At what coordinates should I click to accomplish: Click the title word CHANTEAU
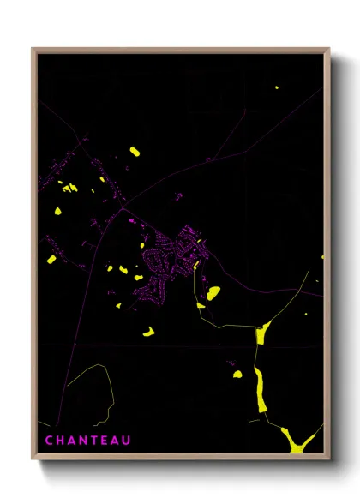click(88, 441)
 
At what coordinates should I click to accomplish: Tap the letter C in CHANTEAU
click(49, 441)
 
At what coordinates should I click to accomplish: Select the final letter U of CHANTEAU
click(128, 441)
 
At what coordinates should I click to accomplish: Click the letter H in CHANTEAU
click(61, 441)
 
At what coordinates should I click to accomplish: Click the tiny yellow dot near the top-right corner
click(277, 87)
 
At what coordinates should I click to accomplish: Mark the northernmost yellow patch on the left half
click(135, 152)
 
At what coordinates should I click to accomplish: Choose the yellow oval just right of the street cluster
click(213, 293)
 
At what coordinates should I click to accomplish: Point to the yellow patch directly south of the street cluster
click(148, 331)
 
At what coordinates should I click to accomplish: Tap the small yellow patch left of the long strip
click(237, 374)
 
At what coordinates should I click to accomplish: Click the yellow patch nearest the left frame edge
click(51, 258)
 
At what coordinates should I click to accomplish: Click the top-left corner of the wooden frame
click(33, 49)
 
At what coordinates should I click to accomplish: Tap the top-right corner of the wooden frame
click(329, 49)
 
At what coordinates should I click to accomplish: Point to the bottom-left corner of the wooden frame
click(33, 460)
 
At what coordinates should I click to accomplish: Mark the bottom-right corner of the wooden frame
click(329, 460)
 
